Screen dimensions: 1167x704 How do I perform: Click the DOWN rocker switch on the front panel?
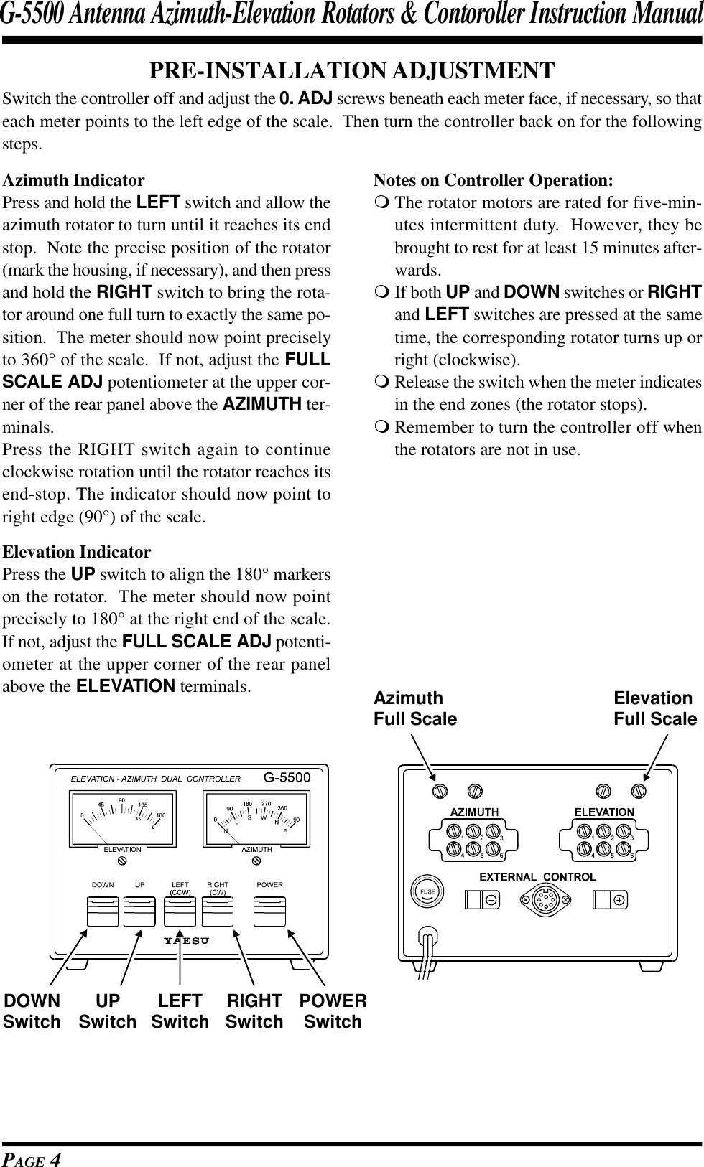[x=102, y=910]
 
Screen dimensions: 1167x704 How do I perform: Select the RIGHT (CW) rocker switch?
[x=218, y=910]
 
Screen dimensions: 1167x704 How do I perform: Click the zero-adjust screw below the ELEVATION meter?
[x=123, y=859]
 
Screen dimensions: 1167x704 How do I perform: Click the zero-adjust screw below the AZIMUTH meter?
[x=256, y=859]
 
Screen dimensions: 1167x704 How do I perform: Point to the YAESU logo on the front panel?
[x=186, y=941]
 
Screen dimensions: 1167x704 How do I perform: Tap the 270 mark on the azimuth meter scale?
[x=266, y=803]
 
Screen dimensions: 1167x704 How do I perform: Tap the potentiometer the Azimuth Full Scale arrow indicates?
[x=440, y=789]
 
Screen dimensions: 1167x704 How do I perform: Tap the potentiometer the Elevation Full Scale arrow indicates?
[x=638, y=790]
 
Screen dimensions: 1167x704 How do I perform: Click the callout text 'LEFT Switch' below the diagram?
[x=180, y=1011]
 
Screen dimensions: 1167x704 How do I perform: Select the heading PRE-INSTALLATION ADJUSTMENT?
[x=351, y=70]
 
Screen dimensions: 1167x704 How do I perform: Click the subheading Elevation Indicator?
[x=77, y=552]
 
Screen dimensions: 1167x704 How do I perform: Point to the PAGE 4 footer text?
[x=32, y=1156]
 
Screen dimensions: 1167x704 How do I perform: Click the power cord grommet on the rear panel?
[x=429, y=937]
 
